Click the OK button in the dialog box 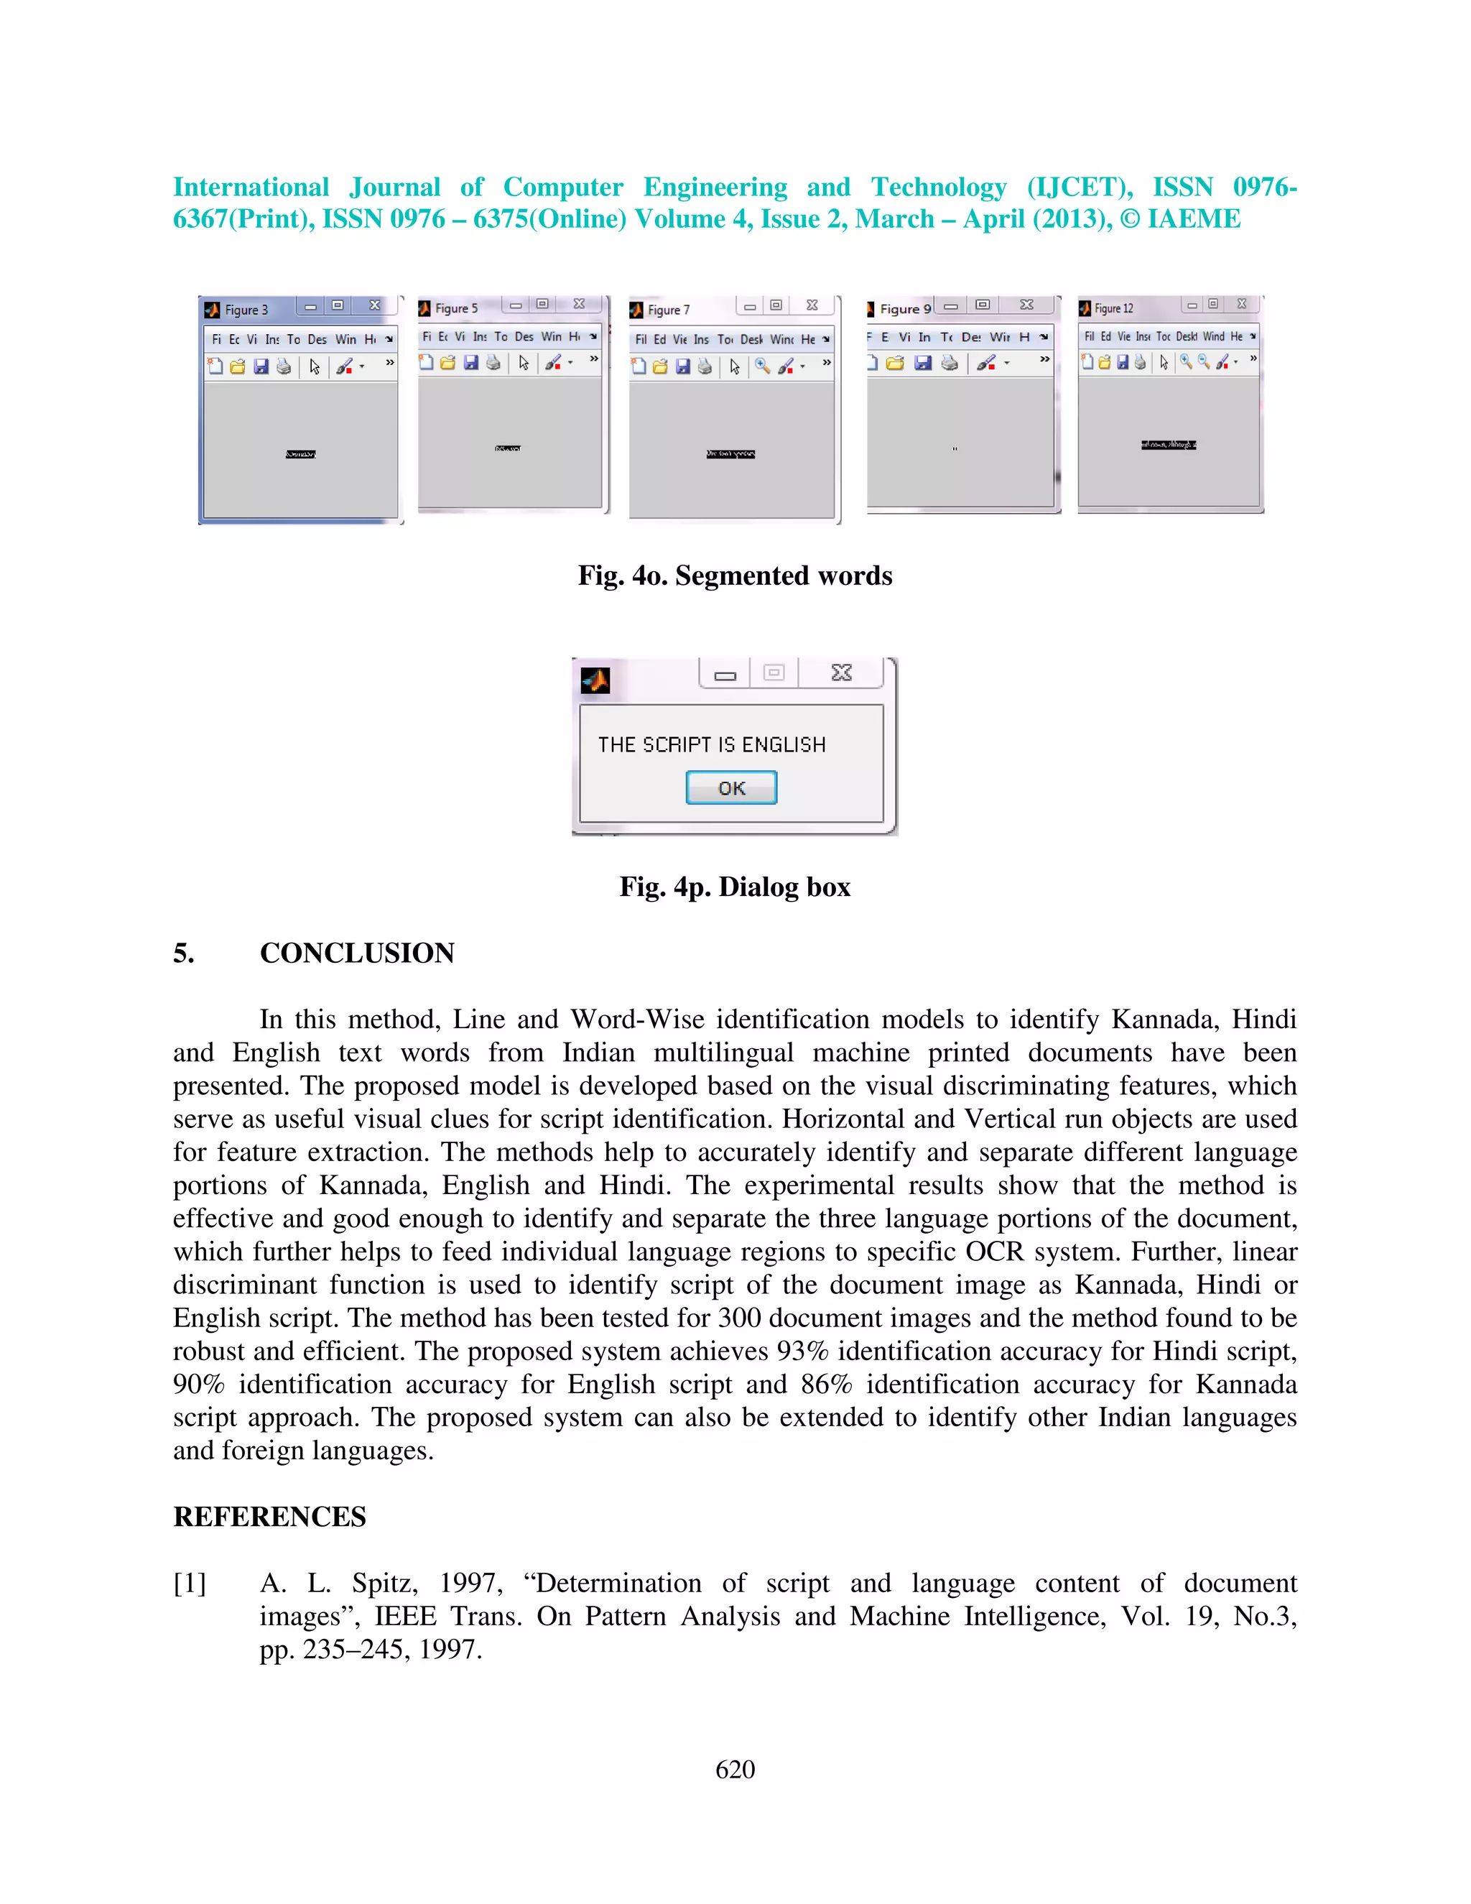(x=730, y=787)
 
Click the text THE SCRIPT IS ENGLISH (x=711, y=744)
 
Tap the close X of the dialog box (x=841, y=673)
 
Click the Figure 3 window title (x=246, y=310)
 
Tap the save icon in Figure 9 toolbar (x=924, y=363)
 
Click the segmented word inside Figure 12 (x=1169, y=445)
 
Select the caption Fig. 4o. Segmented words (x=735, y=576)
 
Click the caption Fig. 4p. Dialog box (x=735, y=887)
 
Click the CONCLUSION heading (x=356, y=953)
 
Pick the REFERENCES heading (x=269, y=1517)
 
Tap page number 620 (x=735, y=1769)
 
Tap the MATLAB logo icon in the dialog (x=595, y=679)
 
